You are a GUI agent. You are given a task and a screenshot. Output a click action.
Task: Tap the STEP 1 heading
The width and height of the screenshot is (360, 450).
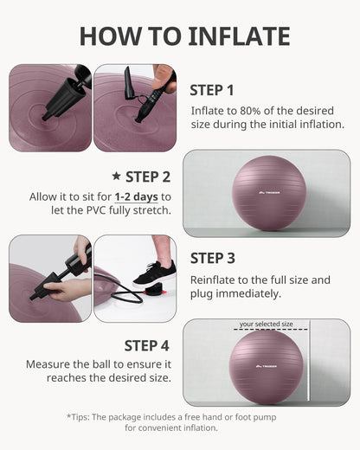(x=212, y=89)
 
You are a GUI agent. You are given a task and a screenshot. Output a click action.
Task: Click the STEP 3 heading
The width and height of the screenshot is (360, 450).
(x=212, y=257)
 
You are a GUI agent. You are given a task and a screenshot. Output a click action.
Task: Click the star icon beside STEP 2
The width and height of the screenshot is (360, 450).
(x=116, y=177)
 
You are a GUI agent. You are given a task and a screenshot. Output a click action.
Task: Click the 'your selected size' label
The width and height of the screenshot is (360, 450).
(x=266, y=325)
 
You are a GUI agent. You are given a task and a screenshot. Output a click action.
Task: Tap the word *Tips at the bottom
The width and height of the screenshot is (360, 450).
(x=81, y=417)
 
